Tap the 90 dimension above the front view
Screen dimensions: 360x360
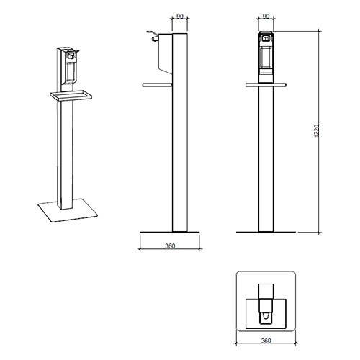(x=266, y=15)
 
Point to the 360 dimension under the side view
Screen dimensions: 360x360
(x=170, y=246)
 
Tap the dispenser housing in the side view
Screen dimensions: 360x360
(x=165, y=54)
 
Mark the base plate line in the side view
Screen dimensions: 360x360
(x=171, y=232)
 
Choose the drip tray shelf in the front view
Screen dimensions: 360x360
(x=266, y=84)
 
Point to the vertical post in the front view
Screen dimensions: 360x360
(x=266, y=158)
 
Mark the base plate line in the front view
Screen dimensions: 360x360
(x=266, y=232)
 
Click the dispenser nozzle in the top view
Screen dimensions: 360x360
(x=266, y=315)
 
